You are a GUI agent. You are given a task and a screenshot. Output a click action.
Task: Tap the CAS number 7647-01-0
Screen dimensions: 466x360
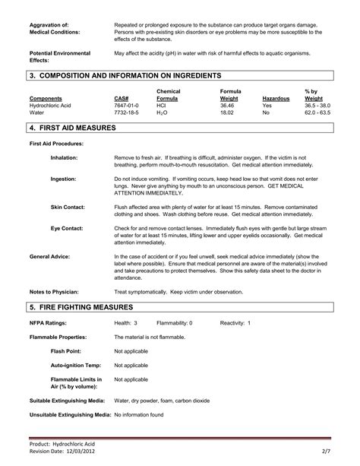coord(124,105)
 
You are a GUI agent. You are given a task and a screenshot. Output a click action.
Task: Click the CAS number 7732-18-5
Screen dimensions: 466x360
coord(124,112)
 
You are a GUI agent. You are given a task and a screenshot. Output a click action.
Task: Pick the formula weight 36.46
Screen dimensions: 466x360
coord(228,105)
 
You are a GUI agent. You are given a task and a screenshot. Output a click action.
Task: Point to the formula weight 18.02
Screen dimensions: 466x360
coord(228,112)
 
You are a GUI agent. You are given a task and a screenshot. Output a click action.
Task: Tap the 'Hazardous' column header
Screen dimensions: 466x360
coord(276,98)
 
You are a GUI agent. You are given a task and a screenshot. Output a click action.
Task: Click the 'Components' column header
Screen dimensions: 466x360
coord(46,98)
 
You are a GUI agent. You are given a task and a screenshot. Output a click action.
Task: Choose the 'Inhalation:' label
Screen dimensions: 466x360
coord(65,157)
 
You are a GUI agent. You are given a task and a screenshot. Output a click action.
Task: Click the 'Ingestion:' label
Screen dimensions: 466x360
coord(64,179)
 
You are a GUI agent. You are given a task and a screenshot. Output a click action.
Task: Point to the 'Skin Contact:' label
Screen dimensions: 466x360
coord(68,207)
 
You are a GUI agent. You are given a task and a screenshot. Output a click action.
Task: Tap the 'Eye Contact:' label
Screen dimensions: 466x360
coord(67,228)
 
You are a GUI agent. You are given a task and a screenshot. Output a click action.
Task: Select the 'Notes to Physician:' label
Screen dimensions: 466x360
coord(55,292)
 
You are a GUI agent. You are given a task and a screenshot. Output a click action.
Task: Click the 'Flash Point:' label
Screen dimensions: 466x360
coord(67,350)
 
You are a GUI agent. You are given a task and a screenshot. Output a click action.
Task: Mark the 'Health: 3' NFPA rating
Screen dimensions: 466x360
coord(126,322)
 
